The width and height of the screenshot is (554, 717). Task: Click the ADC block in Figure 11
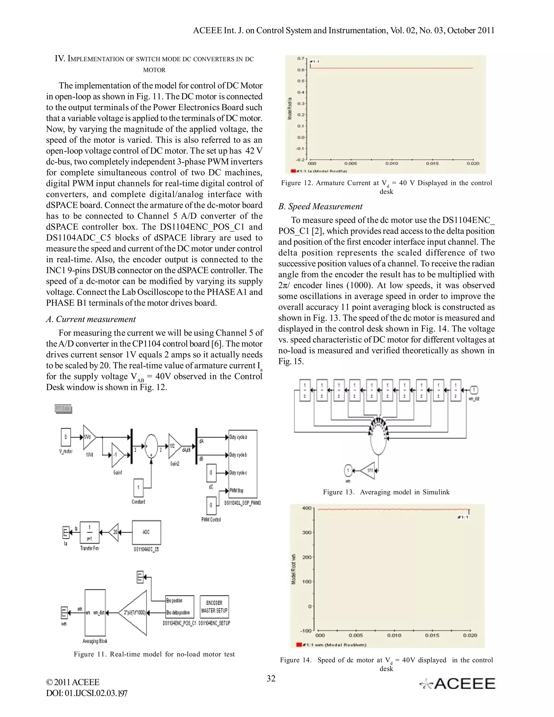point(146,532)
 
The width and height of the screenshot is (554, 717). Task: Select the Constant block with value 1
point(138,488)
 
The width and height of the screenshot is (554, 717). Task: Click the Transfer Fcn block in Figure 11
point(90,532)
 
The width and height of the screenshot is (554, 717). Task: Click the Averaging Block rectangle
point(95,613)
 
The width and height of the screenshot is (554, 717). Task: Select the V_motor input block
point(66,437)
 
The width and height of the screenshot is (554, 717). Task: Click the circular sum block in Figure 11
point(151,446)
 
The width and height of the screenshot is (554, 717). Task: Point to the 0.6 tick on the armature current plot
point(301,70)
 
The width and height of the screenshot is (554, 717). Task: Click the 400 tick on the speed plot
point(306,508)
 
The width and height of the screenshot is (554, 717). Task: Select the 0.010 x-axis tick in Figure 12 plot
point(391,163)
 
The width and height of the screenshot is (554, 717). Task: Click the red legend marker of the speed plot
point(299,645)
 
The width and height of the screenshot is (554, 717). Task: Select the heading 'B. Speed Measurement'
point(320,206)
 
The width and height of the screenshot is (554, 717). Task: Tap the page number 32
point(271,679)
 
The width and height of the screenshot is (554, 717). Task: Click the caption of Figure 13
point(386,492)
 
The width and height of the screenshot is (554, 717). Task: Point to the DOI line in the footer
point(87,693)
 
